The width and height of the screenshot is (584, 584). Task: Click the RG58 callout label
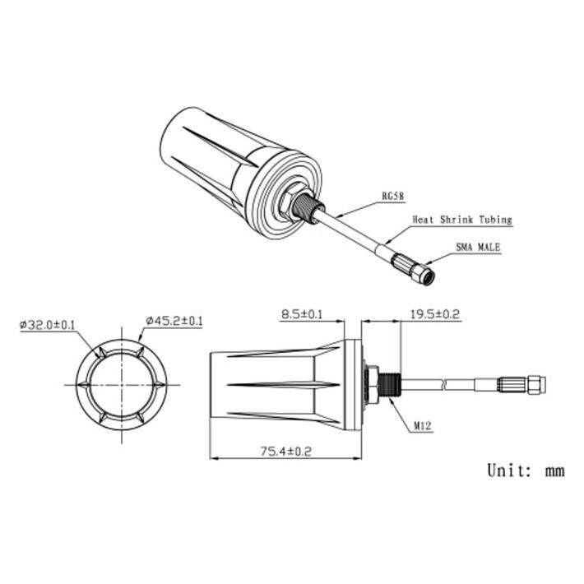[x=393, y=197]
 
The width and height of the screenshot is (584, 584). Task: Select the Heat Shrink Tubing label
[x=462, y=220]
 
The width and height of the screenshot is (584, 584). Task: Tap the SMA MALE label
[x=478, y=248]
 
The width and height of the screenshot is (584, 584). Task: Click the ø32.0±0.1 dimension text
[x=48, y=325]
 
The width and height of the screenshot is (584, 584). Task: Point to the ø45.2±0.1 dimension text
[x=174, y=321]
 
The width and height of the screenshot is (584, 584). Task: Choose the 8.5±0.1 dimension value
[x=302, y=314]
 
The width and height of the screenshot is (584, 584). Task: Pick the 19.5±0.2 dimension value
[x=435, y=314]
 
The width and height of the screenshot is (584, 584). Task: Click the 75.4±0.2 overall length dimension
[x=285, y=452]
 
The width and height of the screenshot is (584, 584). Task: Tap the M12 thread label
[x=423, y=426]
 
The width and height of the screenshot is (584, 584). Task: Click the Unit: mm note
[x=526, y=470]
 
